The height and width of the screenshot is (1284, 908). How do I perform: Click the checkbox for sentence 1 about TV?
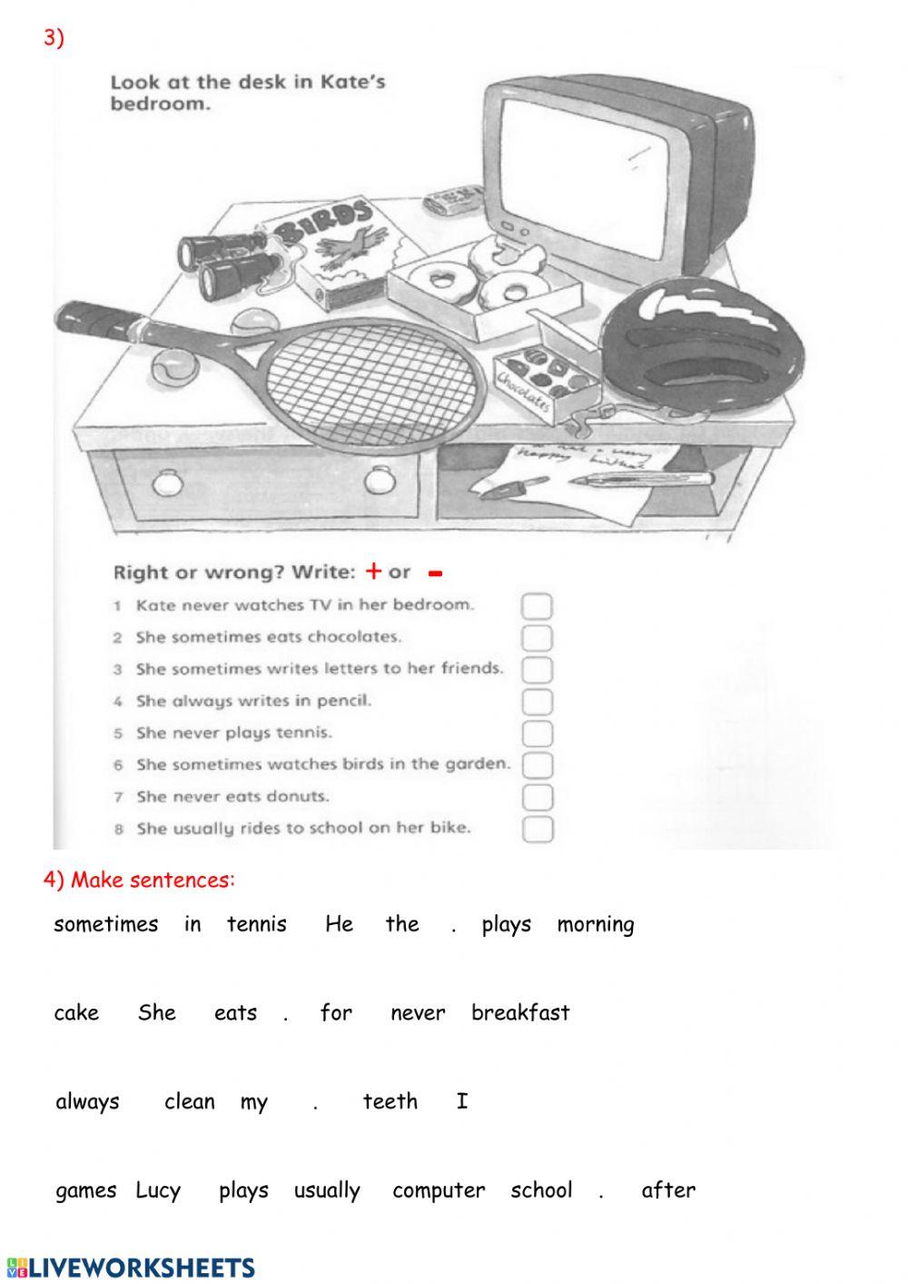(537, 606)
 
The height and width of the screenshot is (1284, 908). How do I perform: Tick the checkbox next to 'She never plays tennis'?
(537, 733)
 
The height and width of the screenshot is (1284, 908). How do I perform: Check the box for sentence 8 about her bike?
(538, 829)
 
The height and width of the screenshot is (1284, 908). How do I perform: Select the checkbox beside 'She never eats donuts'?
(538, 797)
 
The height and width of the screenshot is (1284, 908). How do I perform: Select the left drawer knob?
(167, 483)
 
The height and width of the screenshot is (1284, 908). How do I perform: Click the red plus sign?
(373, 571)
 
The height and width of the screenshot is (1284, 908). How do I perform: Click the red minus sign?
(435, 573)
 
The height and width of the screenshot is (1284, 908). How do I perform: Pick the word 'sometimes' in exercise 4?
(105, 924)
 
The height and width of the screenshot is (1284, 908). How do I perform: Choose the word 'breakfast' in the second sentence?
(520, 1012)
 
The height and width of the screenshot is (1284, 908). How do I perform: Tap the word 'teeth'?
(390, 1101)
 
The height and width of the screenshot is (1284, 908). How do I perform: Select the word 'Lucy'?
(158, 1190)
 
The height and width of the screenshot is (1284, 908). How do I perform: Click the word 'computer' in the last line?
(439, 1190)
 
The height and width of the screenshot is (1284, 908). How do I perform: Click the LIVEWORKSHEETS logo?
(131, 1268)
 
